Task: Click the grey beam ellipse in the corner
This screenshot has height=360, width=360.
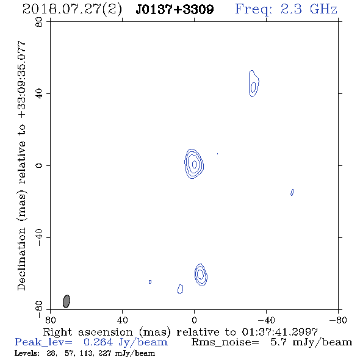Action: (67, 301)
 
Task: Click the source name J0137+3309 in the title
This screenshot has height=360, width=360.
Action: (175, 9)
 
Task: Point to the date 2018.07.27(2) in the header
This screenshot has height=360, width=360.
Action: (72, 10)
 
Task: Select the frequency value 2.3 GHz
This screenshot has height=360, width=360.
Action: (309, 9)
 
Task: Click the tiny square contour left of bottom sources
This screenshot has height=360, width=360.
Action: (150, 282)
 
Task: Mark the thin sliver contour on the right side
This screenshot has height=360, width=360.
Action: (292, 192)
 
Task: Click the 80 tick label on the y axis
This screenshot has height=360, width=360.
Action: (39, 22)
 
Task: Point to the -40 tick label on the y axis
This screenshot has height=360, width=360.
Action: (39, 237)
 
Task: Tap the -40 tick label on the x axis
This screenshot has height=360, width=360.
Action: (266, 320)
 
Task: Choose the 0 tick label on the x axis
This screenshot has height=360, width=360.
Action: (194, 320)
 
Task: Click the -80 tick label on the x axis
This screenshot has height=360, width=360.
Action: (338, 320)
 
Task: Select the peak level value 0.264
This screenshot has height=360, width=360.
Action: (98, 342)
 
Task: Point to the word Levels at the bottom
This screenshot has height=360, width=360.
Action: (27, 353)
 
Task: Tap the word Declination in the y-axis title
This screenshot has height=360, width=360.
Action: (21, 259)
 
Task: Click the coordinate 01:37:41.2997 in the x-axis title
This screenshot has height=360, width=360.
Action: (279, 332)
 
